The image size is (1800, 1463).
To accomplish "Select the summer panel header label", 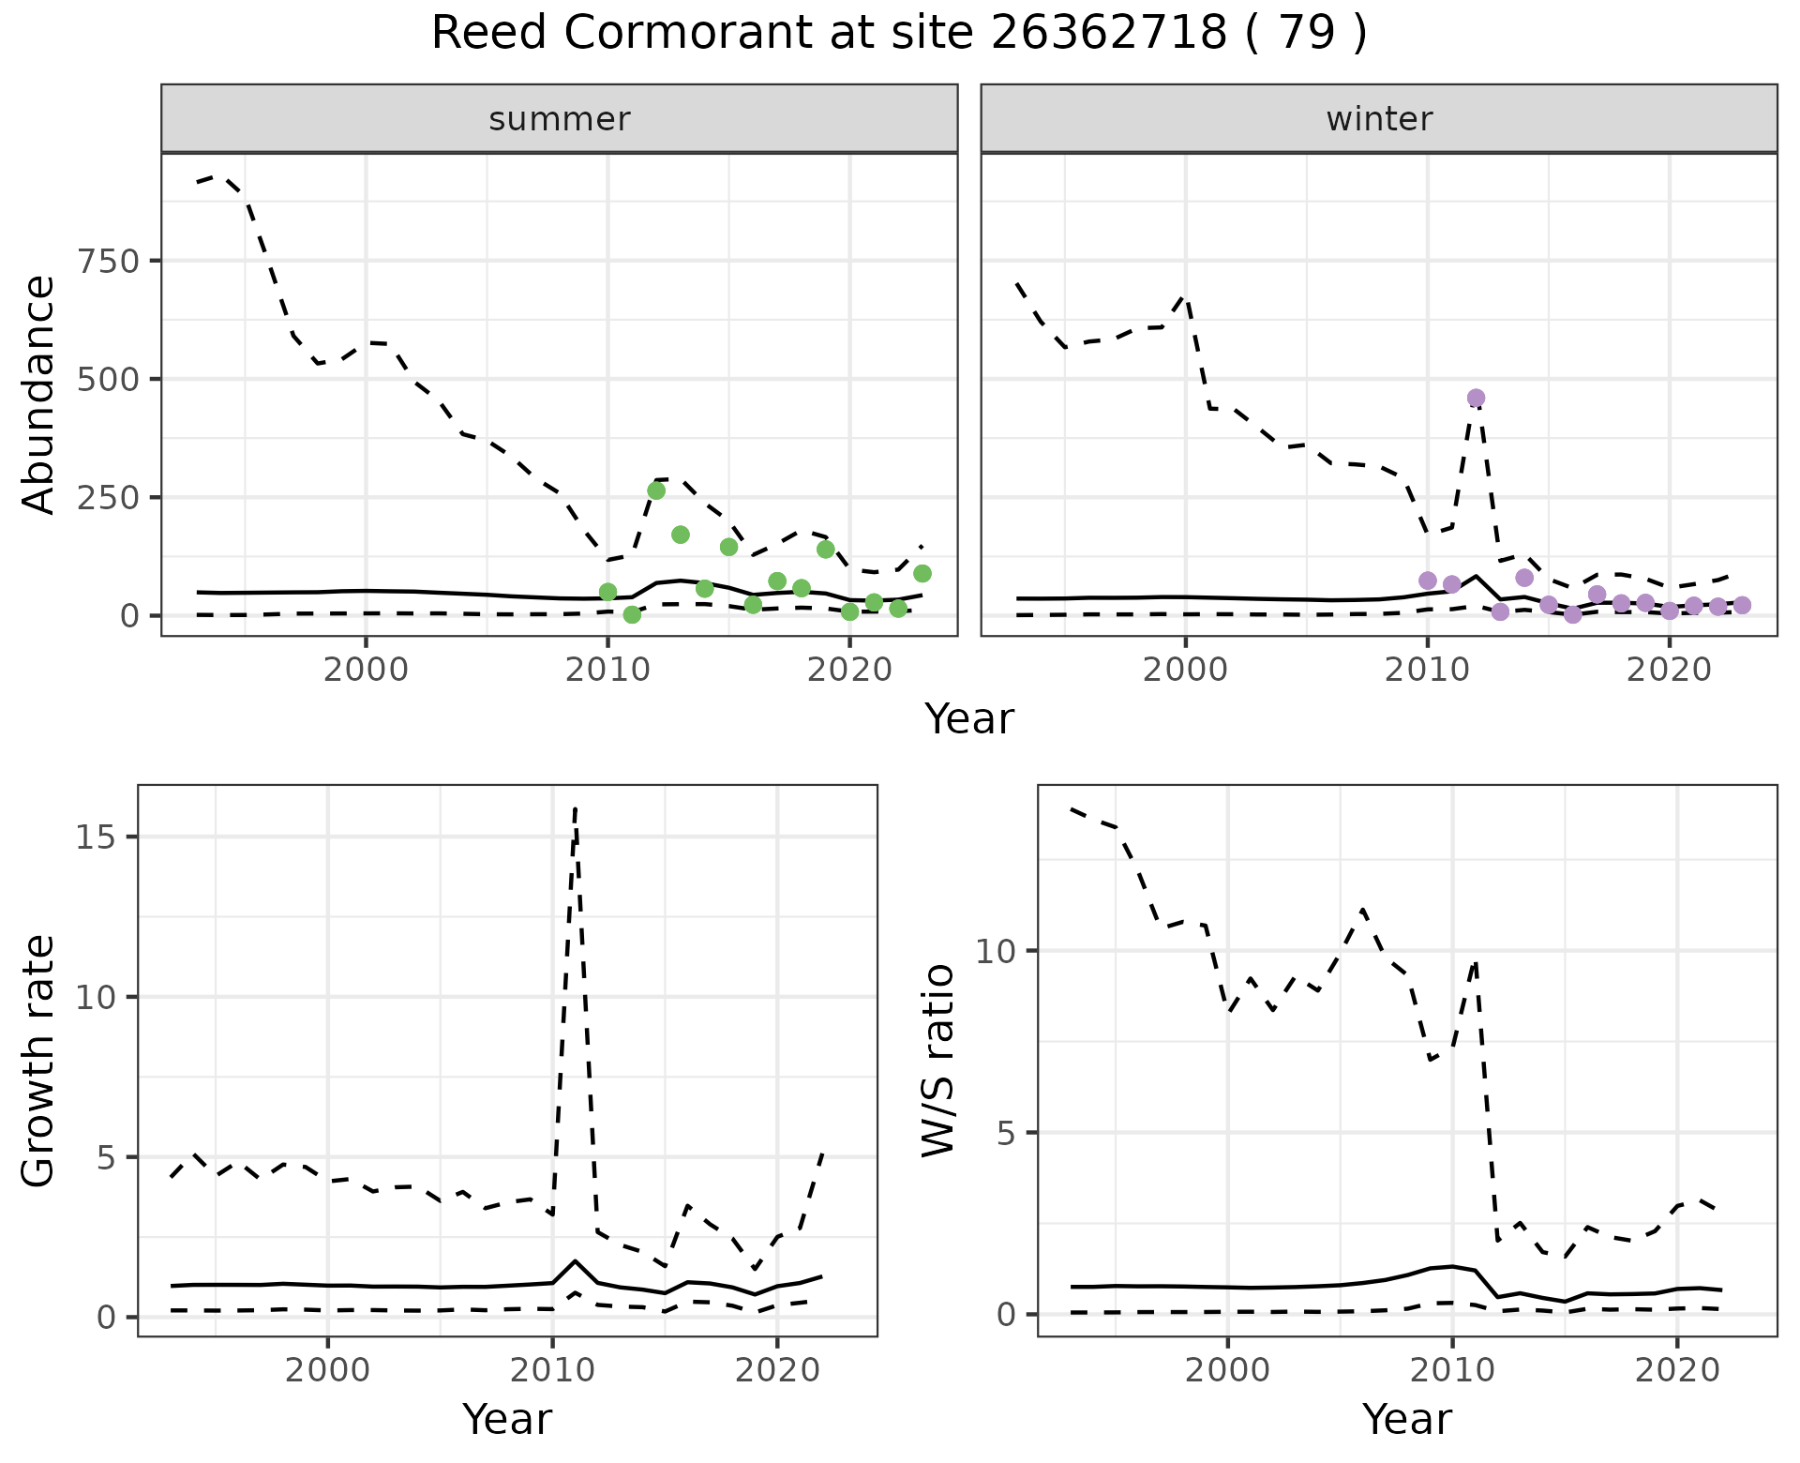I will coord(560,119).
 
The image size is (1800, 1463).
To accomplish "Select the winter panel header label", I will coord(1379,119).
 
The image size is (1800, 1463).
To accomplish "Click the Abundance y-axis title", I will coord(39,394).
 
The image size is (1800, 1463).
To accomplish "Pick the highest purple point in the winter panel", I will coord(1476,398).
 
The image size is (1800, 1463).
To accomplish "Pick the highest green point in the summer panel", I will coord(656,490).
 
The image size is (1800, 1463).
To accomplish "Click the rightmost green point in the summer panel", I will coord(922,573).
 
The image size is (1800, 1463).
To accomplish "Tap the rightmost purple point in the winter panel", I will coord(1742,605).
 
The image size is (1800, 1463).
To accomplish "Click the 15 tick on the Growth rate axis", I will coord(97,837).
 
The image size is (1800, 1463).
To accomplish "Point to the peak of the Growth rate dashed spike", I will coord(575,808).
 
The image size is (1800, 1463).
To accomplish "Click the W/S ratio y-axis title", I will coord(937,1061).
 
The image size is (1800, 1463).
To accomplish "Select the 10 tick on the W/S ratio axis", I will coord(996,951).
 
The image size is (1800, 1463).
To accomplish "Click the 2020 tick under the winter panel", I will coord(1669,671).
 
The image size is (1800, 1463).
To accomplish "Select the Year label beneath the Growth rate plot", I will coord(507,1419).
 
